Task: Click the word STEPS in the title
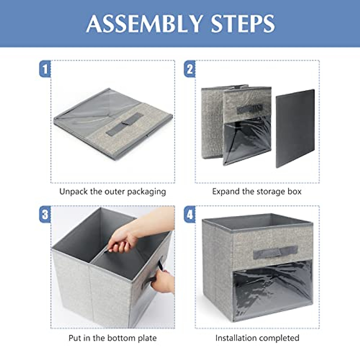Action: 243,24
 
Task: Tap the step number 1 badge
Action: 45,69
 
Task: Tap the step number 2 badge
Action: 190,69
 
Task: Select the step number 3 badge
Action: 45,214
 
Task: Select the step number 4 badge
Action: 190,214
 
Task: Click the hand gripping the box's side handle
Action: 163,280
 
